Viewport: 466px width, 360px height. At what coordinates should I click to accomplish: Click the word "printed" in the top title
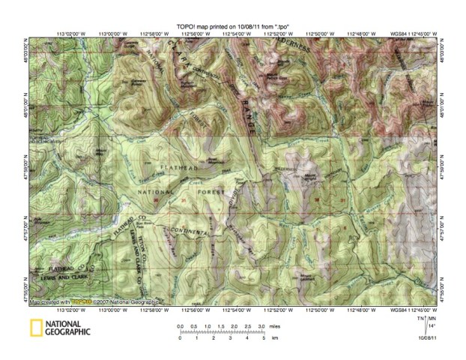pyautogui.click(x=217, y=27)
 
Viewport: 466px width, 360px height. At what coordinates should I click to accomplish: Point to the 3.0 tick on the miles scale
pyautogui.click(x=240, y=328)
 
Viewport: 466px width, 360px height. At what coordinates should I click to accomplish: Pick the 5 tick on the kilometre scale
pyautogui.click(x=243, y=338)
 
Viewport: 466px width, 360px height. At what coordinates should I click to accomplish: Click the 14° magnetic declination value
pyautogui.click(x=432, y=326)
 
